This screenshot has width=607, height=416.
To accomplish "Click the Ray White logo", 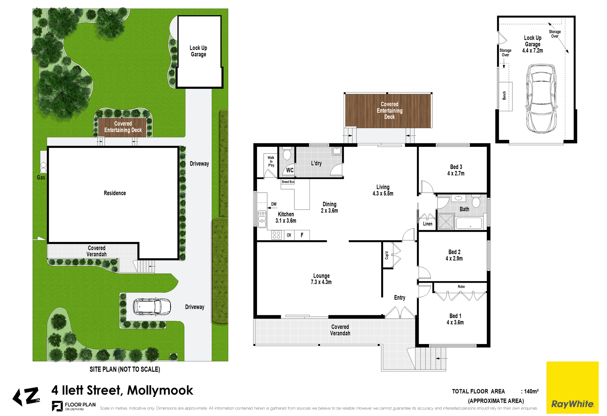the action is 572,387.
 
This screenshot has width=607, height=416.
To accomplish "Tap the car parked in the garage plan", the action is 541,99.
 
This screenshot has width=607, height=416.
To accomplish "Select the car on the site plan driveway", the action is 152,307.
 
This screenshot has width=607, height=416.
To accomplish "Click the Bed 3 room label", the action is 456,170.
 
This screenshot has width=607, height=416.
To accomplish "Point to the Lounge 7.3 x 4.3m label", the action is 321,279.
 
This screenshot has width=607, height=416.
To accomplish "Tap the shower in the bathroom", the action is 446,221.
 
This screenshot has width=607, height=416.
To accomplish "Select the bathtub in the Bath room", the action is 469,223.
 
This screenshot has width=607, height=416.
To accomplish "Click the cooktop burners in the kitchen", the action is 276,235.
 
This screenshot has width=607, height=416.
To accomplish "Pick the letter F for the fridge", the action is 302,235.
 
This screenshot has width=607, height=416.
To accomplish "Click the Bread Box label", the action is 288,182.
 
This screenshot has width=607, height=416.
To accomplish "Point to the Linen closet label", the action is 427,224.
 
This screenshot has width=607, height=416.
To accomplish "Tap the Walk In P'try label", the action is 271,161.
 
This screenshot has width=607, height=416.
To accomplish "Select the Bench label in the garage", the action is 504,95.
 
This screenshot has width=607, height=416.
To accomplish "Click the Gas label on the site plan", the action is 41,178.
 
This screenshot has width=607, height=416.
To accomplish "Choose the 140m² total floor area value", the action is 531,391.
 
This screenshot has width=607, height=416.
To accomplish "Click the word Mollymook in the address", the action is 160,390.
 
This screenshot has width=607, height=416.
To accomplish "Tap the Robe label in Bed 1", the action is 461,287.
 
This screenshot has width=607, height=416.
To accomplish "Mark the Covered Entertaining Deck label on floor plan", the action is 389,111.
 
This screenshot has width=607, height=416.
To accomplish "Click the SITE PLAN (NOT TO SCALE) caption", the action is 125,369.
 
